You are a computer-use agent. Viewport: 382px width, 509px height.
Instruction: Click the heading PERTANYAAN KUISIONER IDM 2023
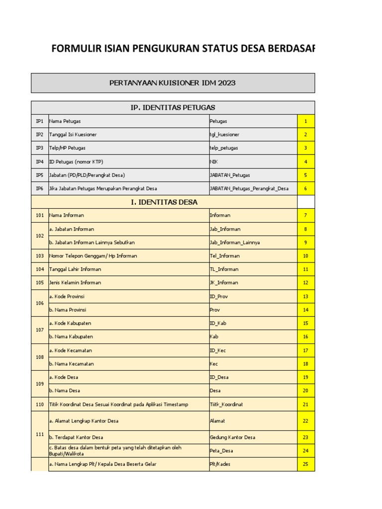point(172,83)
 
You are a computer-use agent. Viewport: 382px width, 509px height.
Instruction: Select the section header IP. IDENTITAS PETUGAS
point(172,108)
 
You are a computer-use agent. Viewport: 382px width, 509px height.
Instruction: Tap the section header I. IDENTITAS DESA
point(164,202)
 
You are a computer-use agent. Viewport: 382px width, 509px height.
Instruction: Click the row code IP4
point(40,162)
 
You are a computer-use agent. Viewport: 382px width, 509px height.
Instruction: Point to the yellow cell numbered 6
point(306,188)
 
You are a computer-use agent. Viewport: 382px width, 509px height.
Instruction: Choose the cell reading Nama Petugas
point(65,121)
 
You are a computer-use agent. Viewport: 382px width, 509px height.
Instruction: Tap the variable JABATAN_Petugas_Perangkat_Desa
point(249,188)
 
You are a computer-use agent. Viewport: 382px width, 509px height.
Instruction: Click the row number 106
point(40,303)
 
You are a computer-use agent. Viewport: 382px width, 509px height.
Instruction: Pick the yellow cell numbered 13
point(306,297)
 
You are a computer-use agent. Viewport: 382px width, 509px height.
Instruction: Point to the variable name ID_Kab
point(218,324)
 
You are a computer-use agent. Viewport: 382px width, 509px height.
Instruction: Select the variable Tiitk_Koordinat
point(226,405)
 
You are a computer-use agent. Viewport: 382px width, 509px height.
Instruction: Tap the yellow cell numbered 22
point(306,421)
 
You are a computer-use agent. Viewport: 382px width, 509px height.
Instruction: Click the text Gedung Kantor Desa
point(232,437)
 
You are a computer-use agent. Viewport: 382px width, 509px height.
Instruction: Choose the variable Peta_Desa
point(222,451)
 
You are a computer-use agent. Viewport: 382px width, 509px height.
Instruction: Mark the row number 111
point(40,434)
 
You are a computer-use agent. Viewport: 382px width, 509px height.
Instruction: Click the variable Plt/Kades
point(220,464)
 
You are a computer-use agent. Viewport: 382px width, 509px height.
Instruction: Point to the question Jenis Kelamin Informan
point(75,283)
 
